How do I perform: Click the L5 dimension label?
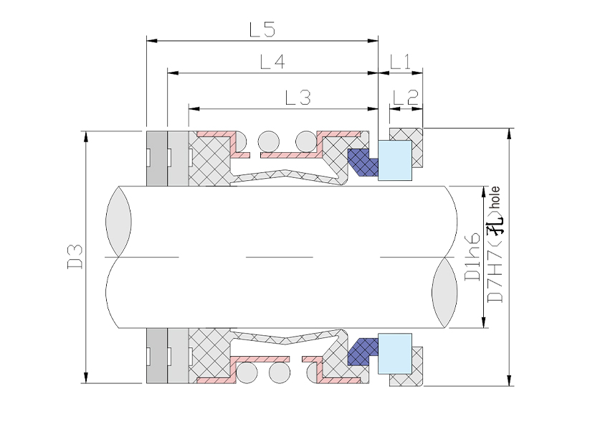[x=262, y=29]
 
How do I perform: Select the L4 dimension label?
[x=273, y=62]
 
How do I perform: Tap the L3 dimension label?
[x=298, y=97]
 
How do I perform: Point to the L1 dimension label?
[x=400, y=62]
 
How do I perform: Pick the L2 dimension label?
[x=406, y=97]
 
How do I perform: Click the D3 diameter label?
[x=75, y=257]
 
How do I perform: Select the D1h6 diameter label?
[x=472, y=256]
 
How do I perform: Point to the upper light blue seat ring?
[x=395, y=160]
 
